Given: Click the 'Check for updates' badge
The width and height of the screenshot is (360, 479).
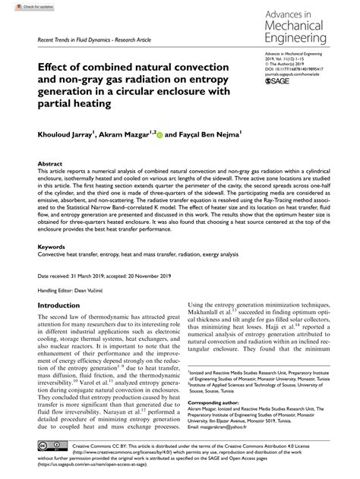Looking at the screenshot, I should [23, 6].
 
